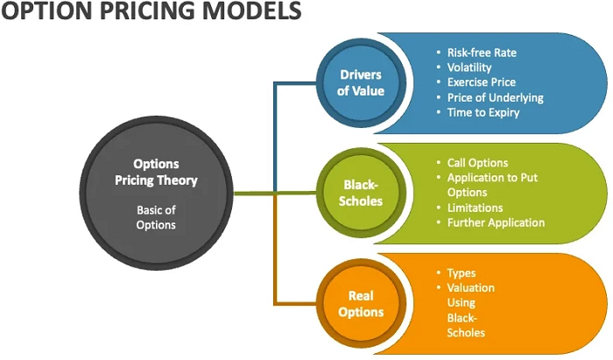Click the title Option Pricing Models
click(x=151, y=12)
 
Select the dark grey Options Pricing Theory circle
click(x=157, y=192)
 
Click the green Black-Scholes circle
click(x=361, y=193)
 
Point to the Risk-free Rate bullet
click(x=482, y=53)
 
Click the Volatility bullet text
click(x=469, y=67)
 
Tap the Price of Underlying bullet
click(x=495, y=97)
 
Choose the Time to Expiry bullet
click(x=483, y=112)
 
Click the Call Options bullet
click(x=477, y=163)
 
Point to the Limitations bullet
click(x=475, y=208)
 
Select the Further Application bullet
click(x=496, y=222)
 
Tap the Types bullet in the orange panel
click(x=461, y=273)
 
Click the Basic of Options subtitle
click(x=157, y=217)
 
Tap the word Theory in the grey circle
click(x=180, y=180)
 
